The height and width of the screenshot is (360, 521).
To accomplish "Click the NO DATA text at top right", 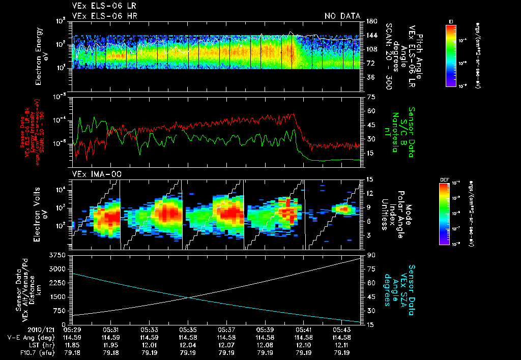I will click(342, 16).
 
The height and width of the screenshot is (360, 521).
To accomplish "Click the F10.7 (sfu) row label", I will click(27, 352).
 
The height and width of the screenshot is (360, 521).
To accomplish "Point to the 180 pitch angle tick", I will click(371, 21).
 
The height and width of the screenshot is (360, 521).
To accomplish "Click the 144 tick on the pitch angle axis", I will click(371, 36).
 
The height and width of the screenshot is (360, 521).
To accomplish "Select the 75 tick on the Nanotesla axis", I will click(370, 97).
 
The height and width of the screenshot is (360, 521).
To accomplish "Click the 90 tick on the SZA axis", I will click(370, 255).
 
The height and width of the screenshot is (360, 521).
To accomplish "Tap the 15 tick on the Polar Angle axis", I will click(370, 179).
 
